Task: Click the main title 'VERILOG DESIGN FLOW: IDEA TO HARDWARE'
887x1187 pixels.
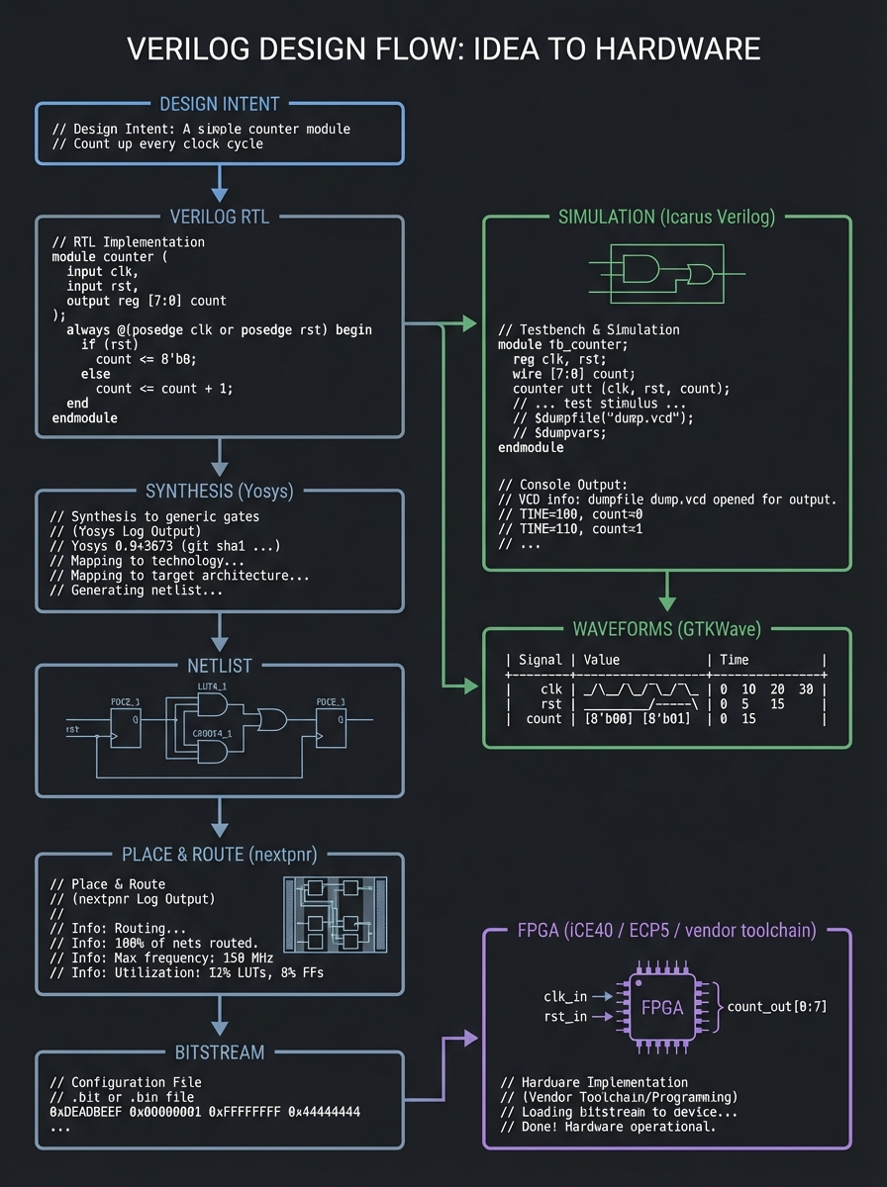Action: pyautogui.click(x=443, y=50)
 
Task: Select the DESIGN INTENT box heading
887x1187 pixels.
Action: pyautogui.click(x=219, y=104)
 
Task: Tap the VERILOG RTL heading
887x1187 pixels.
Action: pyautogui.click(x=220, y=217)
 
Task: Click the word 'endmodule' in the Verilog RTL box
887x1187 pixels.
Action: pyautogui.click(x=84, y=418)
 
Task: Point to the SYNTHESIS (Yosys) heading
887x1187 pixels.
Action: pyautogui.click(x=220, y=491)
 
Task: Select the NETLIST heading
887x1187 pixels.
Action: pyautogui.click(x=220, y=666)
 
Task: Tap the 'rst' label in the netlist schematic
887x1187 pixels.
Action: pyautogui.click(x=72, y=729)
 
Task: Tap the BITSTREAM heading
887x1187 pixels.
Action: pyautogui.click(x=220, y=1051)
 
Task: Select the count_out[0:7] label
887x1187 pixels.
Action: pyautogui.click(x=777, y=1007)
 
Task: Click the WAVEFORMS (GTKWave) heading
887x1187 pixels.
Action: pyautogui.click(x=665, y=629)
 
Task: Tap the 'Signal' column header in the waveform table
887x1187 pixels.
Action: pyautogui.click(x=540, y=660)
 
